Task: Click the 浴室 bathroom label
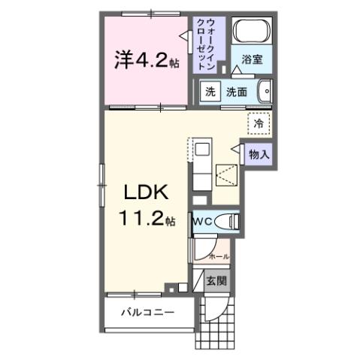tap(252, 60)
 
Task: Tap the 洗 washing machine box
tap(211, 92)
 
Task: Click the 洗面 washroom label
tap(237, 92)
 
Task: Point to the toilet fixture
tap(226, 222)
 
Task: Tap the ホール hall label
tap(218, 256)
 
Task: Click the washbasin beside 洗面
tap(265, 92)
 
